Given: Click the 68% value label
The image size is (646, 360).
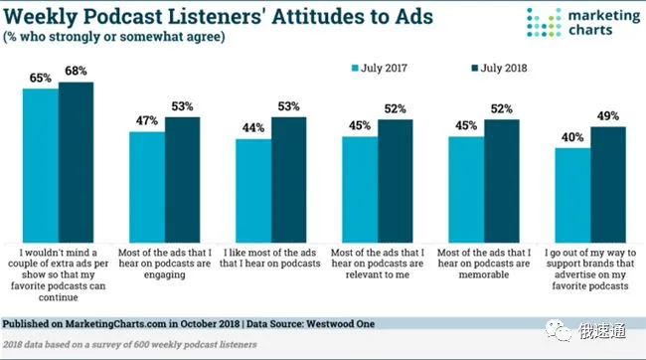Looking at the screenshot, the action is (x=76, y=71).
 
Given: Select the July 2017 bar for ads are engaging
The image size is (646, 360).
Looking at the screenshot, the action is (x=147, y=187).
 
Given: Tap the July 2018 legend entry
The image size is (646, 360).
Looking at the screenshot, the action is (x=499, y=68).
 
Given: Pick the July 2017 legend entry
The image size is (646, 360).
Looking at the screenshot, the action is (x=379, y=68).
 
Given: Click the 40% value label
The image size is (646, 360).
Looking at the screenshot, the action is (x=572, y=137).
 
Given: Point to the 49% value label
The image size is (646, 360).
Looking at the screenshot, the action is (x=608, y=116).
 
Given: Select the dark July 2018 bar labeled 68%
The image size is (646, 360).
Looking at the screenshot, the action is (x=76, y=162).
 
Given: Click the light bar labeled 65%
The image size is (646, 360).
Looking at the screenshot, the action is (x=41, y=166).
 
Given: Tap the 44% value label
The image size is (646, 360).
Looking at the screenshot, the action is (x=253, y=128).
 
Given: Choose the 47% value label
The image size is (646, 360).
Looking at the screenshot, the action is (x=147, y=120).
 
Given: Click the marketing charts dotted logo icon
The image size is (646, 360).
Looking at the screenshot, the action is (x=544, y=22).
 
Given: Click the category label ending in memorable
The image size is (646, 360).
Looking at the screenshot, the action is (x=484, y=264).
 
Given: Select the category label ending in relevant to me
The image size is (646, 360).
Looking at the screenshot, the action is (x=378, y=264).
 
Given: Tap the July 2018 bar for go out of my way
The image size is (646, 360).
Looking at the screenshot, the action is (x=608, y=185).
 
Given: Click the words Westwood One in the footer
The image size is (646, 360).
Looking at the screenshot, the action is (x=340, y=324).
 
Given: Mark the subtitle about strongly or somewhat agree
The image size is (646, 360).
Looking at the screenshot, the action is (x=114, y=37).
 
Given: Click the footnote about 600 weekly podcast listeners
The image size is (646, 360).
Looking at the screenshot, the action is (x=130, y=344).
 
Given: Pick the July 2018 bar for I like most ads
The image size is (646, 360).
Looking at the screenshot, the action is (x=288, y=180).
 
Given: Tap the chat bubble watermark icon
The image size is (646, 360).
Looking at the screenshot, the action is (x=559, y=331).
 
